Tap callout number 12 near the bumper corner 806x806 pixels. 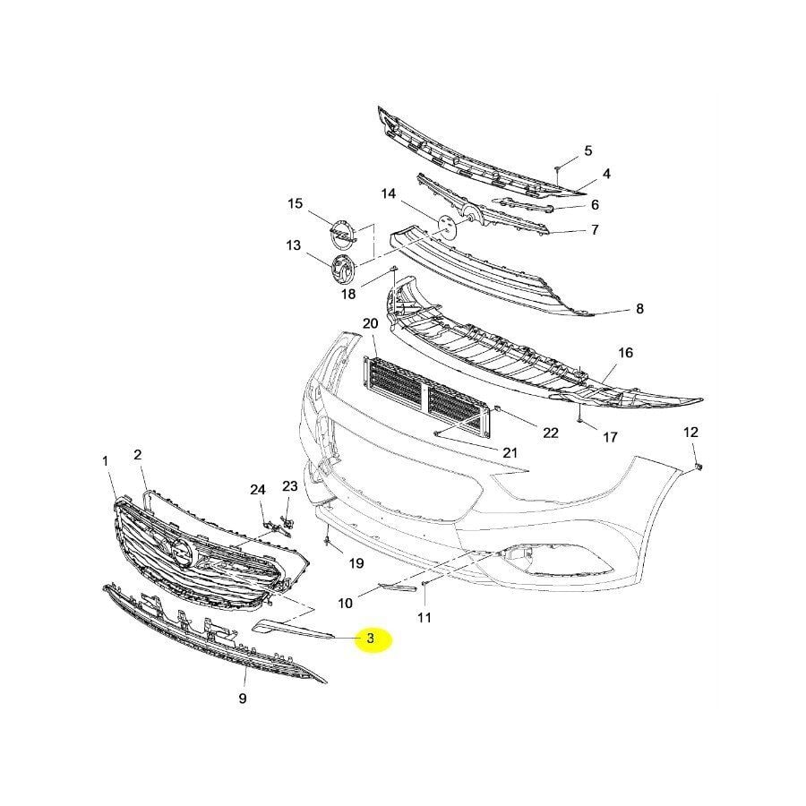(x=690, y=433)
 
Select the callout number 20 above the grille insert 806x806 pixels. (x=370, y=323)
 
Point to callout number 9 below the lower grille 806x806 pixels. (x=243, y=699)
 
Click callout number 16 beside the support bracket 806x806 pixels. (x=625, y=353)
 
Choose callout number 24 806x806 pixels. (x=258, y=490)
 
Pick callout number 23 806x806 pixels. (x=289, y=486)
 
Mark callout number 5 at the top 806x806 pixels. (x=588, y=150)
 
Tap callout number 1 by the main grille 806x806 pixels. (x=106, y=461)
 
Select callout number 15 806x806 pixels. (x=296, y=204)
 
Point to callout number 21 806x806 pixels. (x=510, y=452)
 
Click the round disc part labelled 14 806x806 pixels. (x=446, y=225)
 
